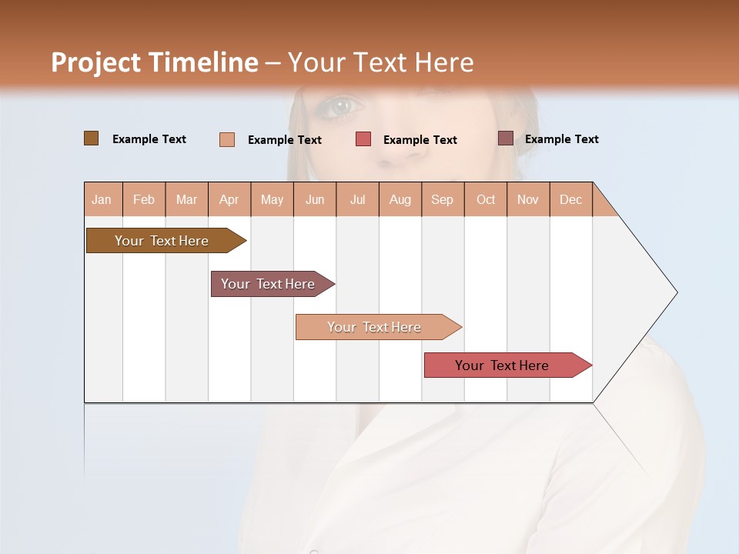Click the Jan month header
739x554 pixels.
(102, 199)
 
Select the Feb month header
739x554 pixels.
(144, 199)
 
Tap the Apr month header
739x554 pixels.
(229, 199)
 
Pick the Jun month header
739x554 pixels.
(315, 199)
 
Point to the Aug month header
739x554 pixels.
(400, 199)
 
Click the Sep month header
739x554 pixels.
(443, 199)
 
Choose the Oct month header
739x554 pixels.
(486, 199)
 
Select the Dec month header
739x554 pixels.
(571, 199)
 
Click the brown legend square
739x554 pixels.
(92, 138)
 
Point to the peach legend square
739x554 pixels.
(227, 139)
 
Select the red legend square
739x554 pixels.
(363, 139)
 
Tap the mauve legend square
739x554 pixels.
(506, 138)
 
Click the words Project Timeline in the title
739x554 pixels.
(154, 62)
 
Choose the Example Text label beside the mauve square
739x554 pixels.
(561, 139)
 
